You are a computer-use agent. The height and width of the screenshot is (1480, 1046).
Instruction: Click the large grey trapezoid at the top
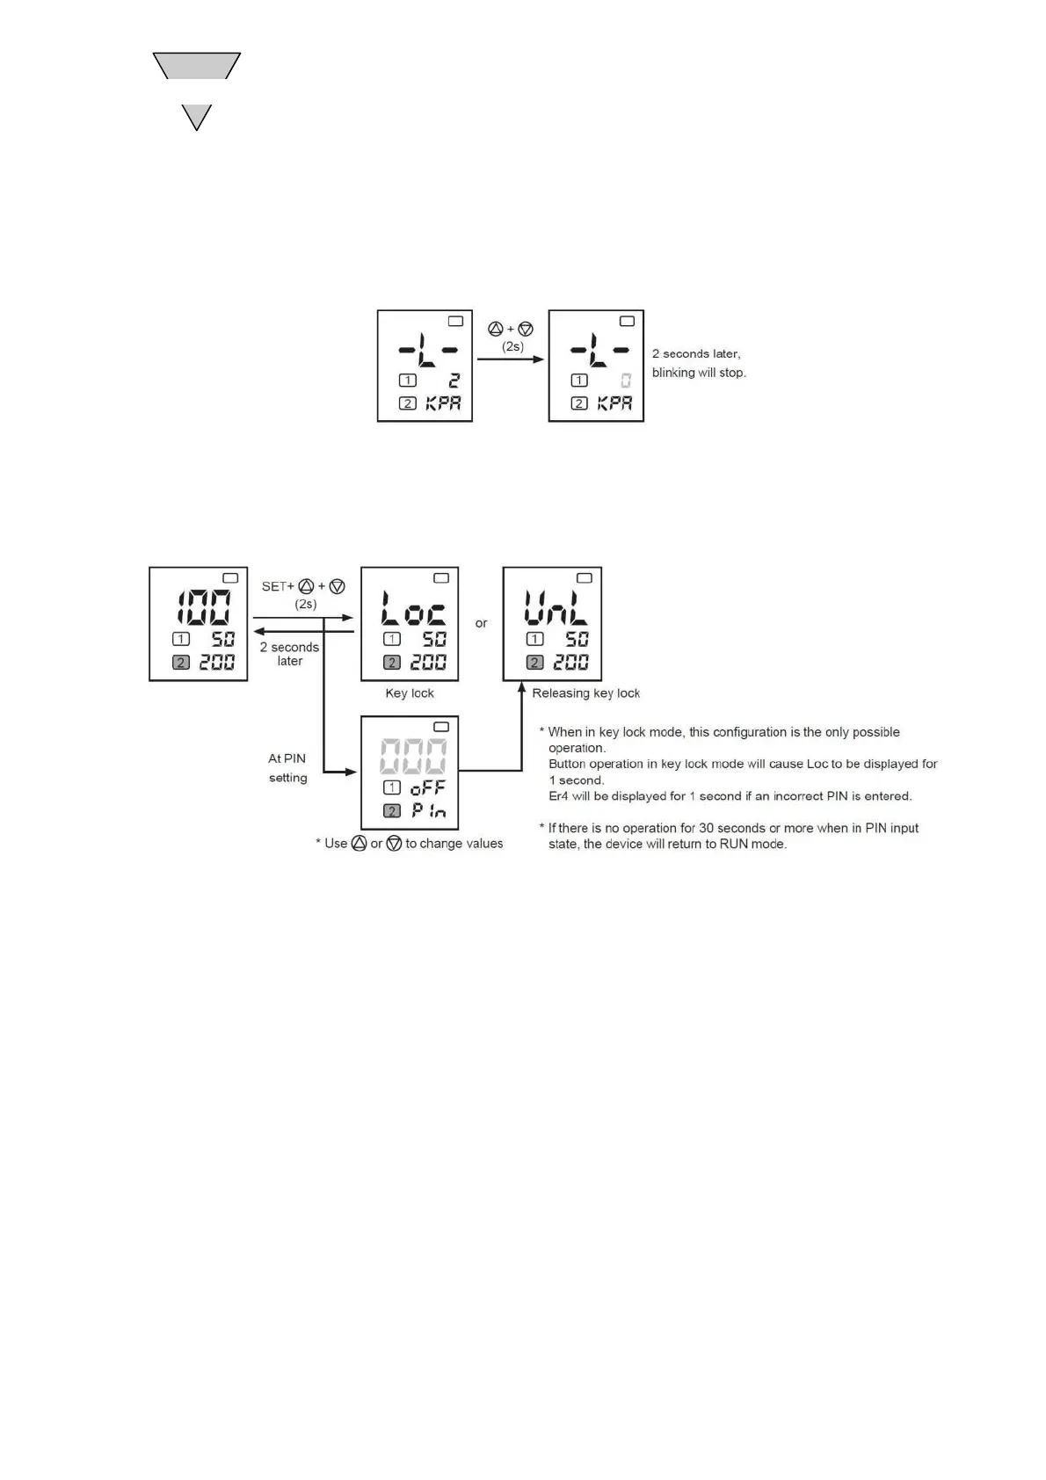point(196,65)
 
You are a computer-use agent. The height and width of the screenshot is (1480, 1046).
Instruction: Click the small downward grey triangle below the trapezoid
point(196,115)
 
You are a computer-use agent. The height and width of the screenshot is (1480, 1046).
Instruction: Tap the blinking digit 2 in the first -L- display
point(454,381)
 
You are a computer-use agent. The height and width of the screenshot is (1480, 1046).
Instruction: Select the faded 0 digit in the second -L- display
point(625,381)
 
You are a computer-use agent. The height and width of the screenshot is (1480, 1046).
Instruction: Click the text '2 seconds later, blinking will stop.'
point(699,363)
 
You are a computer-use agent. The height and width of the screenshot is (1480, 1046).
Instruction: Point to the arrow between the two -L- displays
point(511,359)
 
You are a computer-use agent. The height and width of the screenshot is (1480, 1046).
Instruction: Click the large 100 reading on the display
point(204,606)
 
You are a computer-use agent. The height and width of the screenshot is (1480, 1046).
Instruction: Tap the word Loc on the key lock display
point(412,607)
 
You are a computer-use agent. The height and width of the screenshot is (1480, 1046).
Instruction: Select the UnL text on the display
point(555,607)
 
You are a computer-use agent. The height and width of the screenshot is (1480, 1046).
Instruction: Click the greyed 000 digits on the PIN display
point(412,755)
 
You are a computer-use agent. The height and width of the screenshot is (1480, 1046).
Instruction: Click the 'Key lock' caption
point(410,693)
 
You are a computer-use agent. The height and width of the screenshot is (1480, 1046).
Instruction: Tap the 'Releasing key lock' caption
point(585,693)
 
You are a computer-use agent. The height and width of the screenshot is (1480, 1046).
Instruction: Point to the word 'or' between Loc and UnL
point(481,623)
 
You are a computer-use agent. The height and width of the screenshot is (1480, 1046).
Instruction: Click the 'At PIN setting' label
point(287,767)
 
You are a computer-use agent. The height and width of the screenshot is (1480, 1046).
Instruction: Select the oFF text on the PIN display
point(427,787)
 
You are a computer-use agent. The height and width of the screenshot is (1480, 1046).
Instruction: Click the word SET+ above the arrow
point(278,586)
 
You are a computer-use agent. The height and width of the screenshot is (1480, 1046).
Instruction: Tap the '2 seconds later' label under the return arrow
point(289,654)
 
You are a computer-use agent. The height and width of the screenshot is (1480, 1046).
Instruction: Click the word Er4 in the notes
point(558,796)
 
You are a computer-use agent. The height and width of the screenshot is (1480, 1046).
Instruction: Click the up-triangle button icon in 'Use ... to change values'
point(359,844)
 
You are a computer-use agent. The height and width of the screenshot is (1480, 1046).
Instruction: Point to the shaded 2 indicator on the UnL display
point(534,663)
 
